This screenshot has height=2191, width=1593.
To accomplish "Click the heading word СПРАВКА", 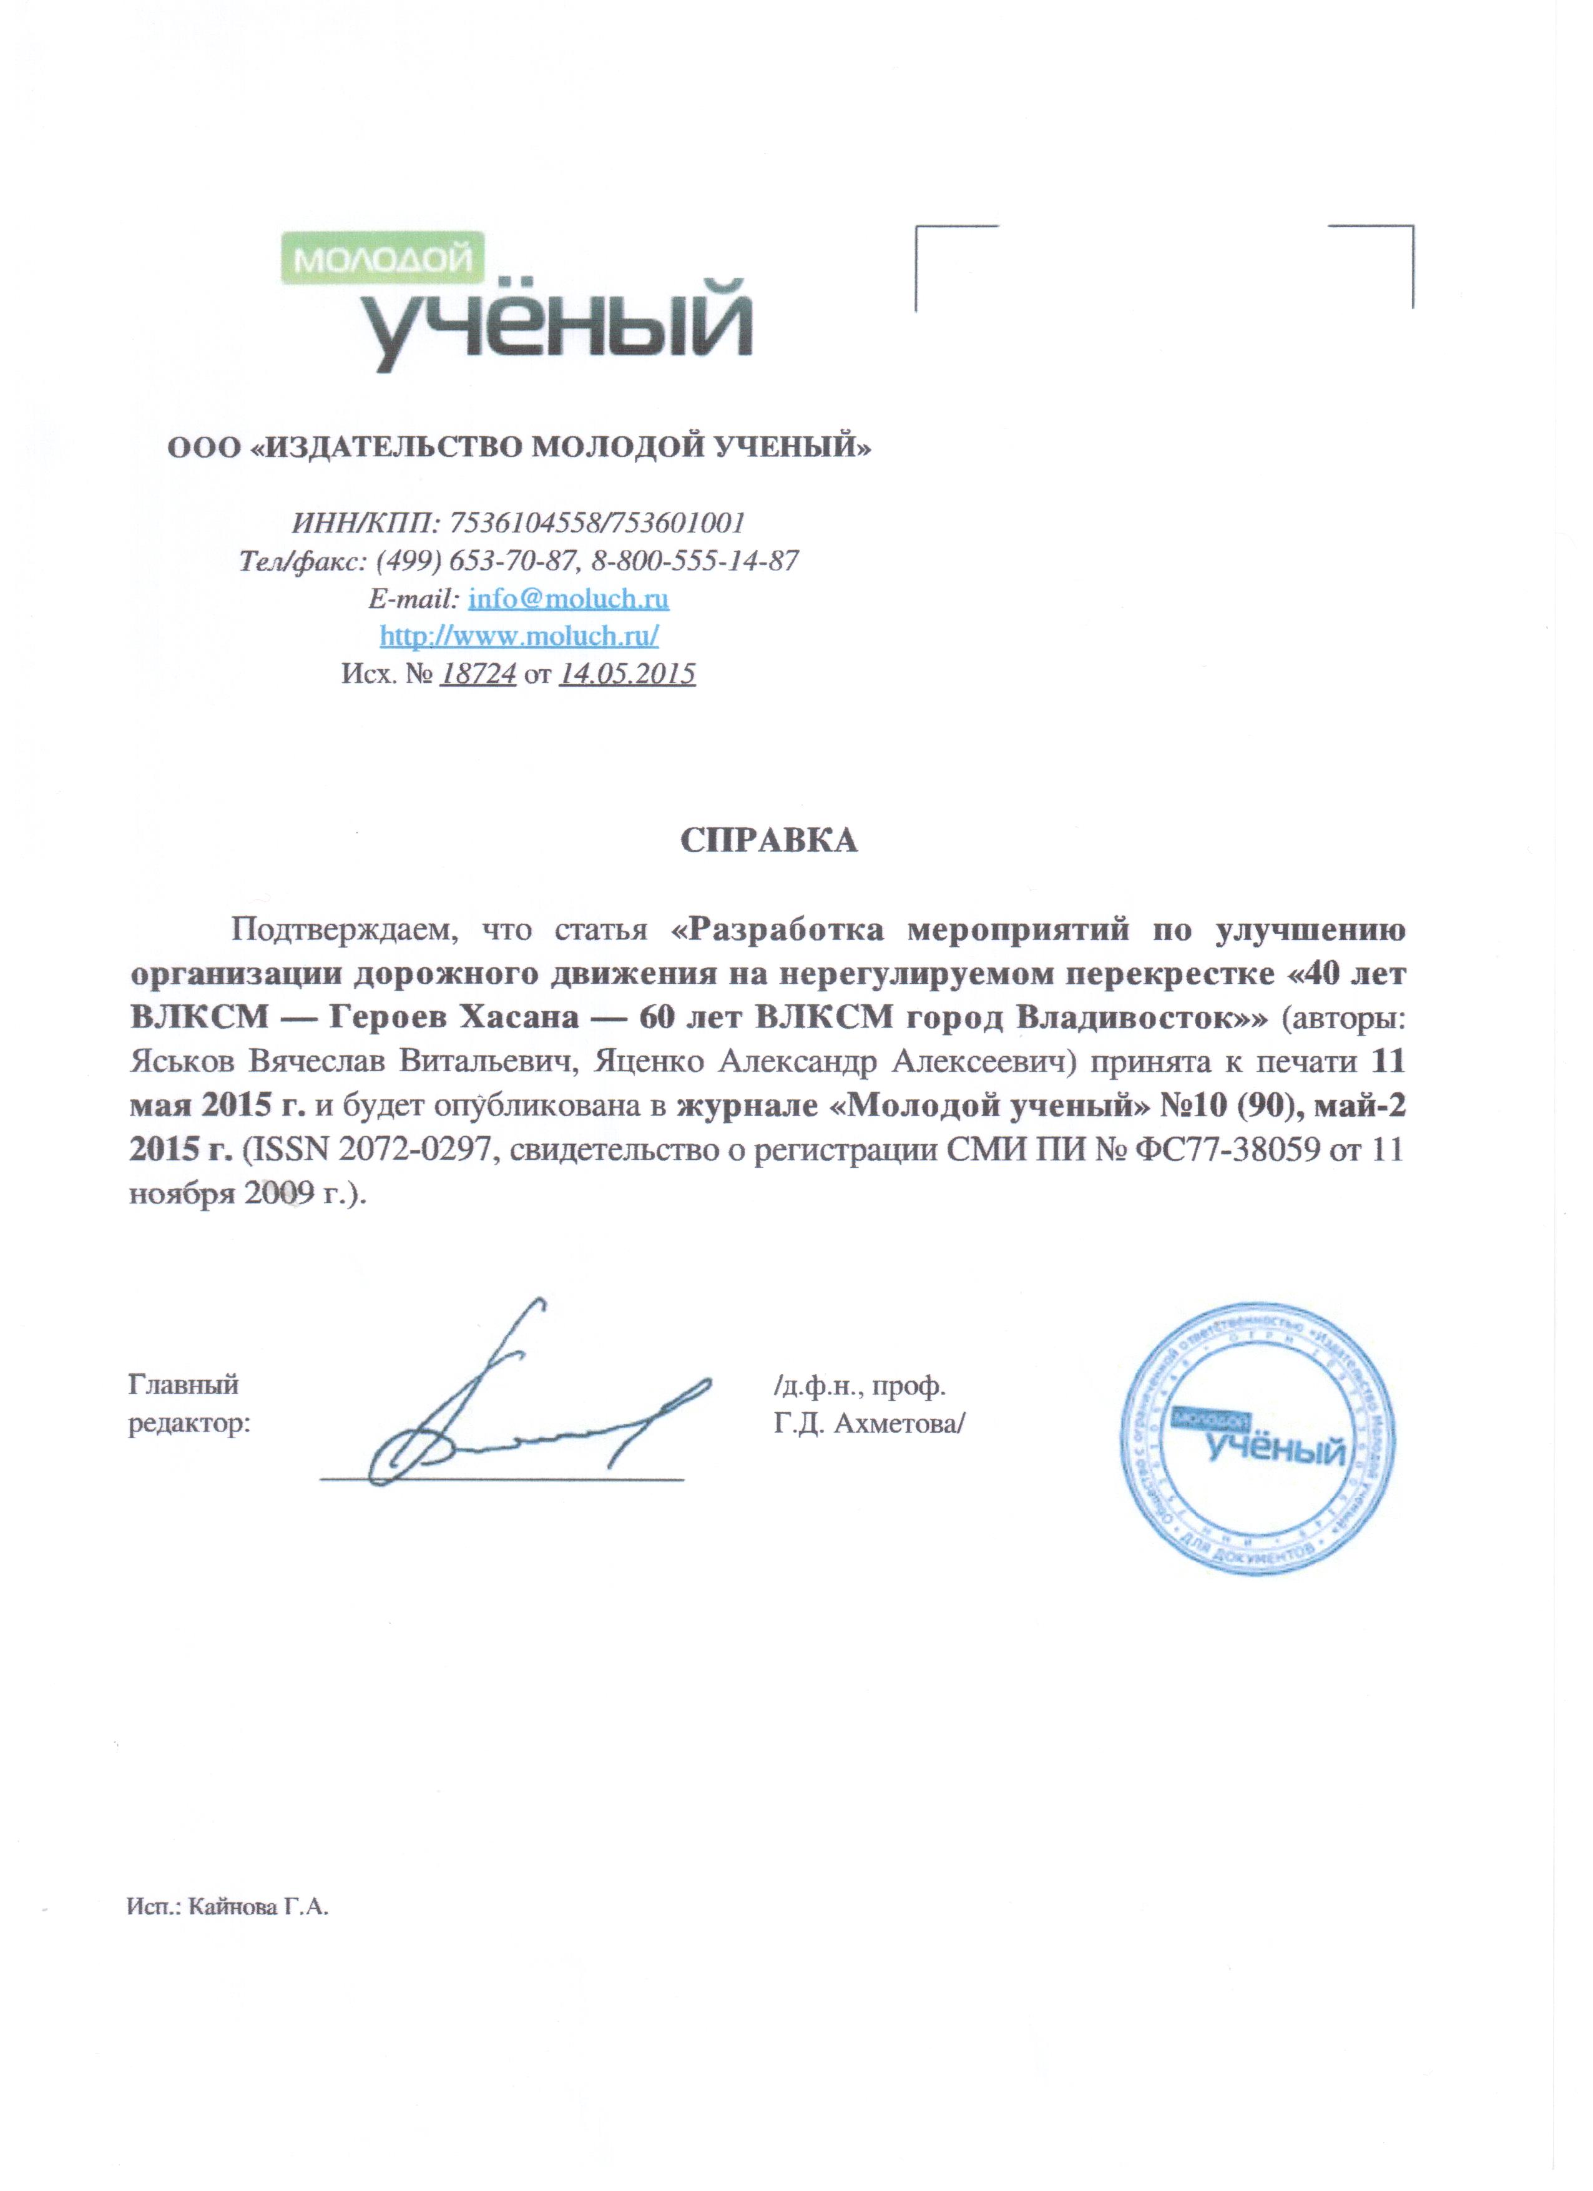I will coord(769,840).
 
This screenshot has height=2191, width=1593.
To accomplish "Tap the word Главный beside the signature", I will coord(184,1385).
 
